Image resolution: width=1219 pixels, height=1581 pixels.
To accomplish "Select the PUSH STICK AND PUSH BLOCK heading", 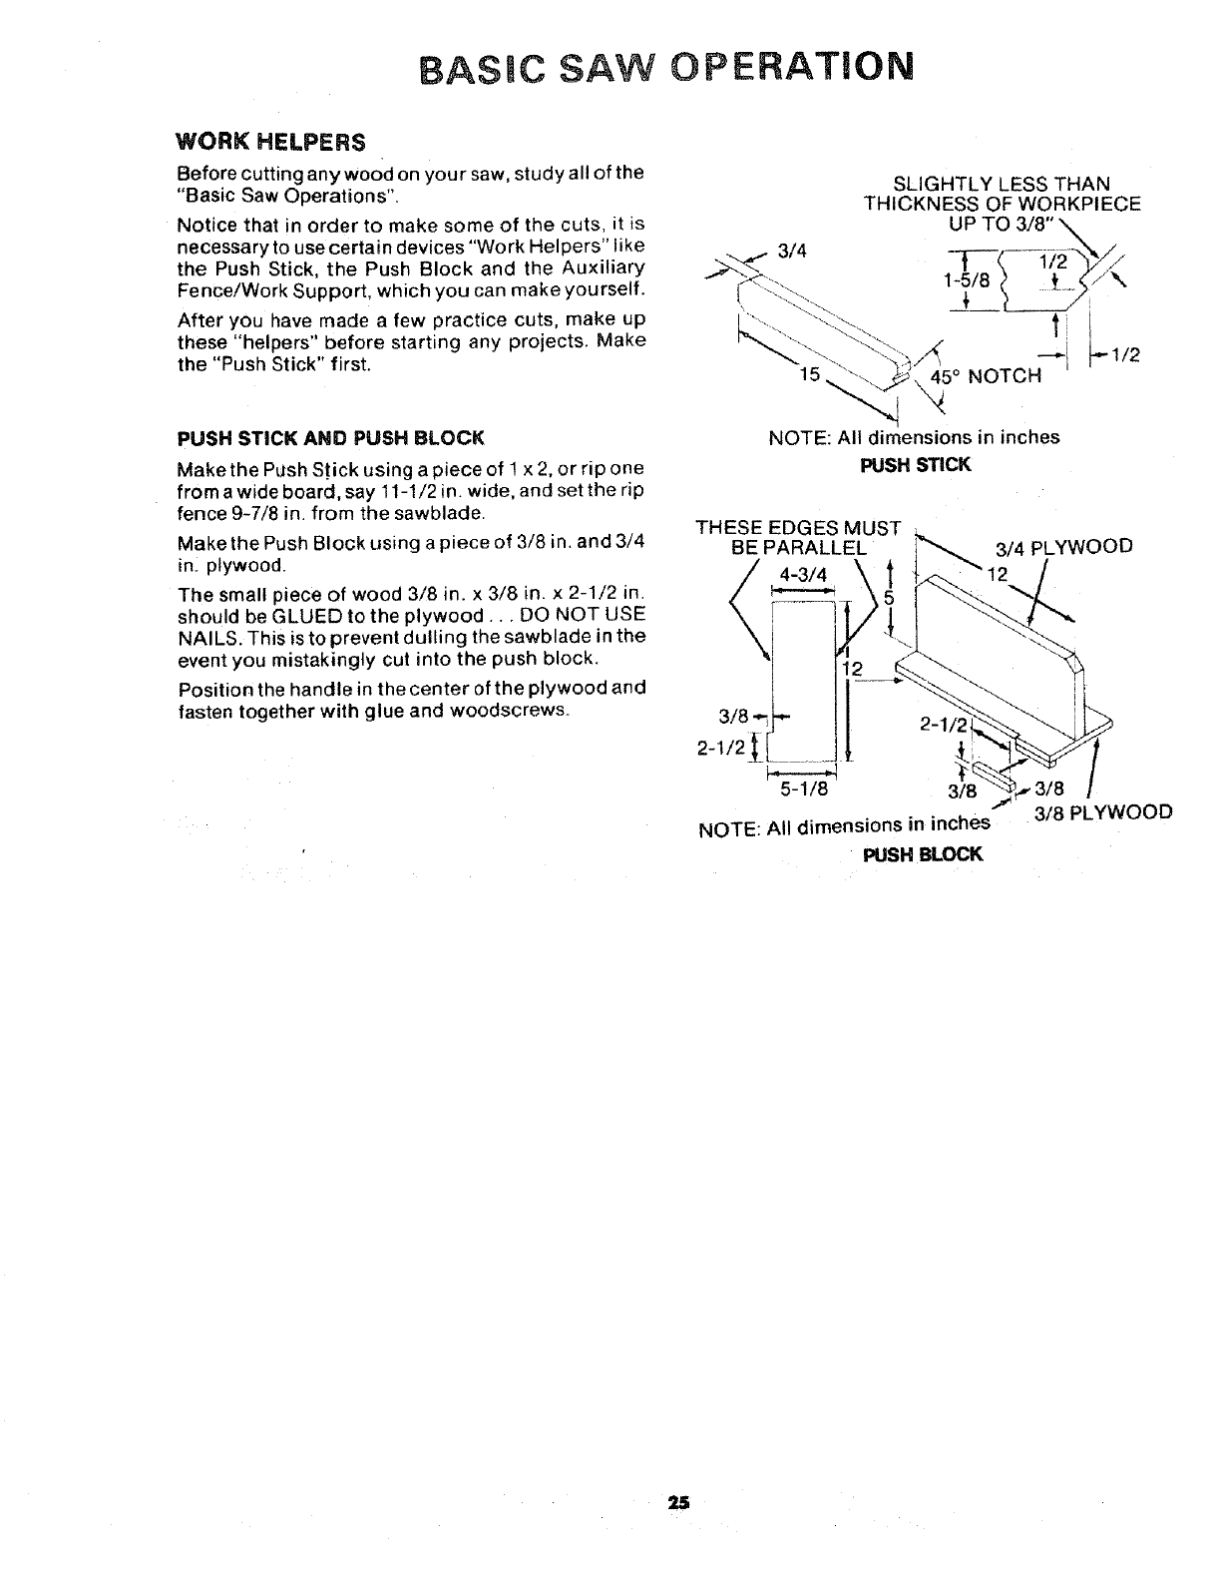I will point(330,437).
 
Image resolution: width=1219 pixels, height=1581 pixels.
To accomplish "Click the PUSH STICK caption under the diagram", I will point(916,464).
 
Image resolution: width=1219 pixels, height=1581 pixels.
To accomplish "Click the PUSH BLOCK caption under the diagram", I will point(923,854).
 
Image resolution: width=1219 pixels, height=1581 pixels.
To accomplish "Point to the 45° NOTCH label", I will point(986,376).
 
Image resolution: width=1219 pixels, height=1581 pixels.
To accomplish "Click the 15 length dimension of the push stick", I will point(811,375).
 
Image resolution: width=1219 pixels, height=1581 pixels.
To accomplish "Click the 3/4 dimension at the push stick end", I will point(790,253).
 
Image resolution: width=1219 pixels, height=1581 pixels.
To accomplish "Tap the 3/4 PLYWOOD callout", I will point(1064,546).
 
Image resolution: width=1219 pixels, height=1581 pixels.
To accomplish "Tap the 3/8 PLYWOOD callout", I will point(1102,811).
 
